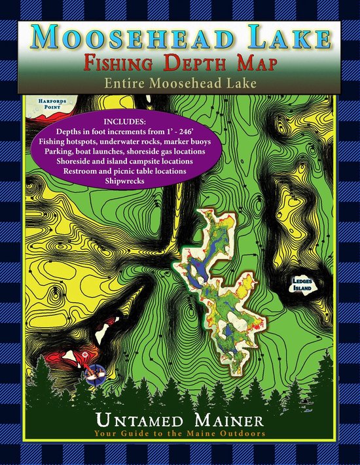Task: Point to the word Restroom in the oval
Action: (84, 171)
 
